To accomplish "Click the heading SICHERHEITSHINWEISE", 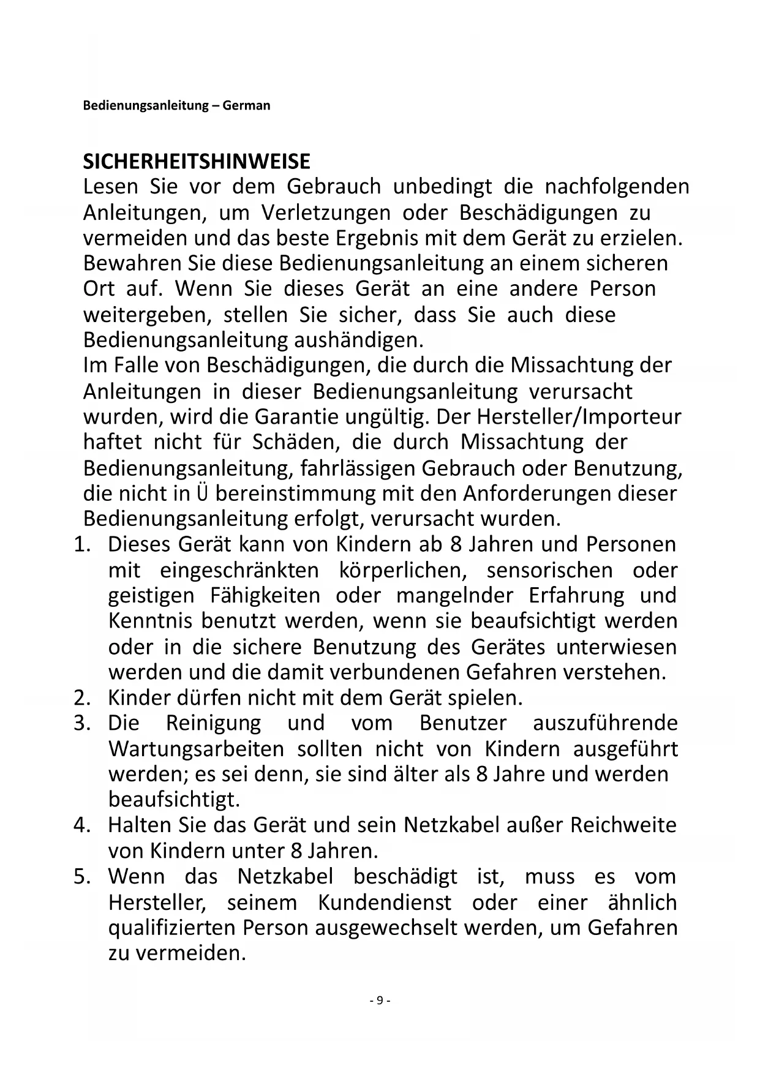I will [x=197, y=162].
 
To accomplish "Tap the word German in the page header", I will [x=246, y=105].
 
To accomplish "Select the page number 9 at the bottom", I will [x=380, y=1001].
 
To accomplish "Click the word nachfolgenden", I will [x=617, y=187].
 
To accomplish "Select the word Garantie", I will [x=296, y=416].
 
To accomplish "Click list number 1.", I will [x=81, y=544].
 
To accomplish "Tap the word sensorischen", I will [x=549, y=571].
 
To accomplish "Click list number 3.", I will [x=81, y=723].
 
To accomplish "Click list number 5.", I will [x=81, y=877].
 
